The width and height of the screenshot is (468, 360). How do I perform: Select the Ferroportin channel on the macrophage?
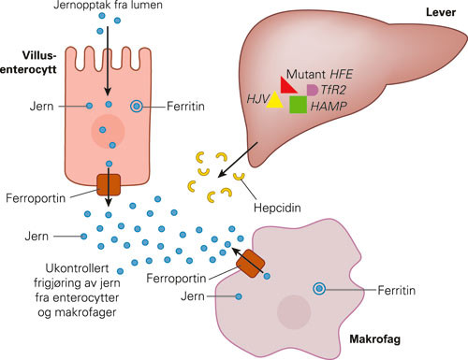click(x=249, y=266)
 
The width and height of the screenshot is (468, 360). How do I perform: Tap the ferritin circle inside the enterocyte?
click(x=137, y=107)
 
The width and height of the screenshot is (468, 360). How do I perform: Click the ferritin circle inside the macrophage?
click(x=321, y=289)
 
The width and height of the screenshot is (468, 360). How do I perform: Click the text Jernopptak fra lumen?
click(x=115, y=7)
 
